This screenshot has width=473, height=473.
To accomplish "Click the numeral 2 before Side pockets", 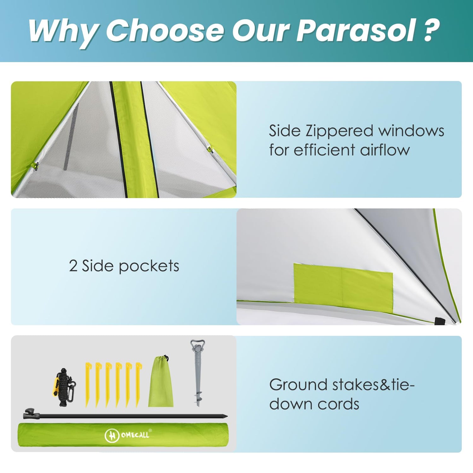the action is click(x=73, y=266).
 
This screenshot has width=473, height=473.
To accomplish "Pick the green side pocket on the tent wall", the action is click(x=343, y=288).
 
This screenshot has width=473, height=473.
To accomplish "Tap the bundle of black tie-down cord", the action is click(x=64, y=387).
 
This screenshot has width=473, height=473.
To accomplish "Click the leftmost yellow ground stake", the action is click(x=88, y=385).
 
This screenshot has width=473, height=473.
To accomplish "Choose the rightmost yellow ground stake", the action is click(x=138, y=385).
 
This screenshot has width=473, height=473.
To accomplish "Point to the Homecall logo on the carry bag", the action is click(x=128, y=435).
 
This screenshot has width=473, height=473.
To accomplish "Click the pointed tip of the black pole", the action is click(x=227, y=416).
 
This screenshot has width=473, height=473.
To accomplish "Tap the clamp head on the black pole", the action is click(x=31, y=414).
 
